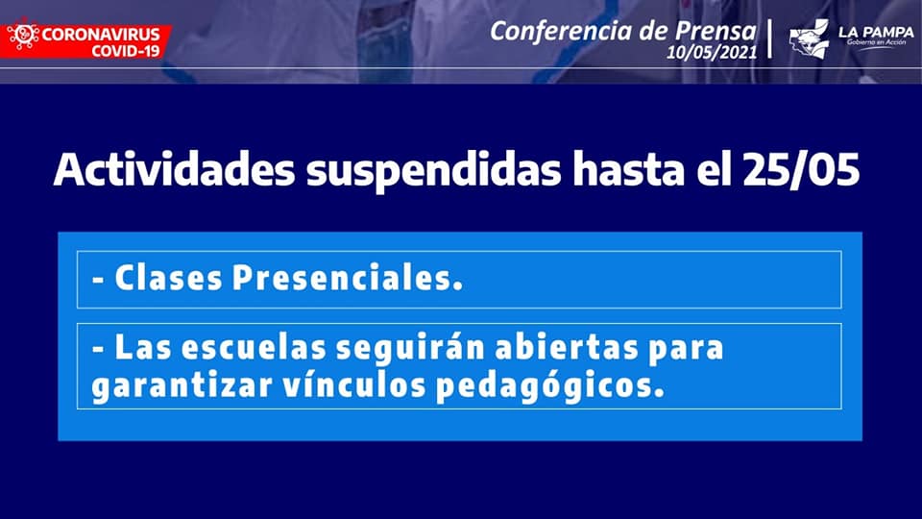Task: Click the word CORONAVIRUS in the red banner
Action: tap(101, 34)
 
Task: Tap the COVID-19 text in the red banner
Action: tap(125, 51)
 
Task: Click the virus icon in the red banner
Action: tap(23, 36)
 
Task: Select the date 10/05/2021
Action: tap(712, 52)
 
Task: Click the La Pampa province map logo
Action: tap(809, 38)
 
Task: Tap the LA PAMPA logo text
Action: tap(876, 33)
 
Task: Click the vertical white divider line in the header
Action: tap(769, 38)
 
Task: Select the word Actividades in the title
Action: tap(174, 170)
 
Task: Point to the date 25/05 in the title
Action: tap(801, 170)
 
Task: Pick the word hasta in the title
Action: tap(628, 170)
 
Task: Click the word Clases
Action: tap(168, 278)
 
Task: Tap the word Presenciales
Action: tap(347, 278)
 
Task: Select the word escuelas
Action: tap(254, 347)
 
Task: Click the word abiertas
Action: tap(567, 347)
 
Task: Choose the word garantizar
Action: tap(182, 386)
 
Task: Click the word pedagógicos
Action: tap(549, 386)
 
